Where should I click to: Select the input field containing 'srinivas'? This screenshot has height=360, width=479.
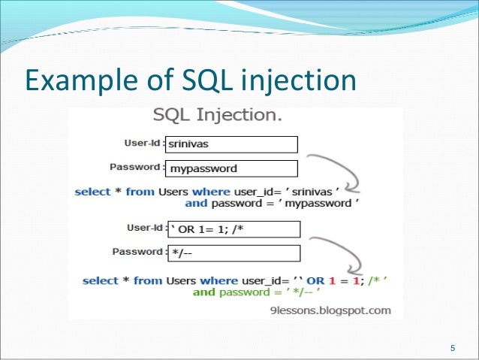click(x=229, y=144)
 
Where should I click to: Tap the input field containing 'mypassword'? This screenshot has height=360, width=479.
click(x=229, y=168)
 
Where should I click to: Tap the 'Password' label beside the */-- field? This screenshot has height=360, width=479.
click(x=138, y=251)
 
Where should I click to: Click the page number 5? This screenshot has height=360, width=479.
click(x=452, y=347)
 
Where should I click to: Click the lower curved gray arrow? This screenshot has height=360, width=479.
click(x=336, y=256)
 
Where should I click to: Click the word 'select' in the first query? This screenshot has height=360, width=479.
click(x=92, y=192)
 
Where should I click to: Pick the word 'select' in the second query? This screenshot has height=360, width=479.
click(x=101, y=280)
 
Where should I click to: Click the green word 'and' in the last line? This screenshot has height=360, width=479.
click(x=204, y=292)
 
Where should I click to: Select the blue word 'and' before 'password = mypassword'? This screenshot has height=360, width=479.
click(x=196, y=203)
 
